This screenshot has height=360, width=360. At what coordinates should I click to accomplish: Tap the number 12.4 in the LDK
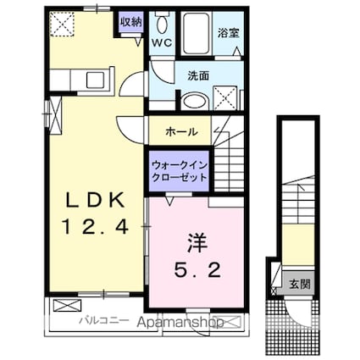pos(96,226)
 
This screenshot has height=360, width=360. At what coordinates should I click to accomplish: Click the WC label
pos(162,41)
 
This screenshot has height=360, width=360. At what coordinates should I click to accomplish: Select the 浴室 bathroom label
pos(226,35)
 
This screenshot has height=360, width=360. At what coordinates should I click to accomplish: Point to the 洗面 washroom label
pos(200,75)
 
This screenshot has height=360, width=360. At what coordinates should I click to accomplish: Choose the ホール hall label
pos(182,132)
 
